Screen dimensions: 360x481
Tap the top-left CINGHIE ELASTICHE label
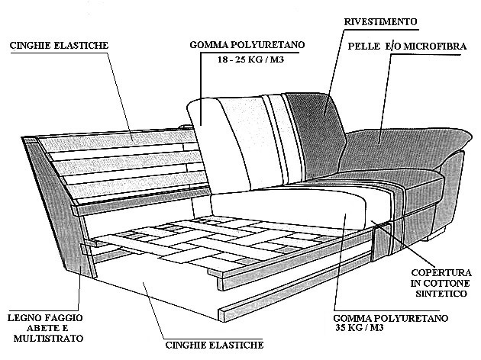coord(59,46)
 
